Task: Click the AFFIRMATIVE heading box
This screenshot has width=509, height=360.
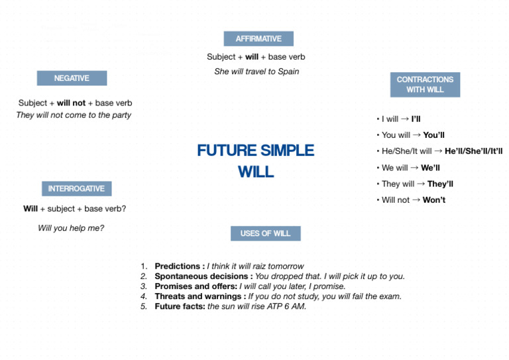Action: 258,38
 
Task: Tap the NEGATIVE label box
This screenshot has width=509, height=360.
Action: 72,78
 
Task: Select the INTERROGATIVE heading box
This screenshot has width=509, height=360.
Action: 76,189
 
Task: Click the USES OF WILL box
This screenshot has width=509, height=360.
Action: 265,233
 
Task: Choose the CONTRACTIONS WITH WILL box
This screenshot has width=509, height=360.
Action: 425,84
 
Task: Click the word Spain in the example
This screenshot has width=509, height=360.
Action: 287,72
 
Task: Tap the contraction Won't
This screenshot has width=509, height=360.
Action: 433,200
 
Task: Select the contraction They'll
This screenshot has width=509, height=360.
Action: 440,184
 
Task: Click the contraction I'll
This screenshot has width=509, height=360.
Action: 416,119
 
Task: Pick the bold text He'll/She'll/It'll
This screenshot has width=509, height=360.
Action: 473,151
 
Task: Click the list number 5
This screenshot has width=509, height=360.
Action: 143,306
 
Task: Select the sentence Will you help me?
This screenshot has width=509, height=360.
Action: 71,228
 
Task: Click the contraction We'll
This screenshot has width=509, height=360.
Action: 430,168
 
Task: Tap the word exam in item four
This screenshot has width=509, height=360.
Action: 390,296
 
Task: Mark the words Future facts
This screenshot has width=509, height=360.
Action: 179,306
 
